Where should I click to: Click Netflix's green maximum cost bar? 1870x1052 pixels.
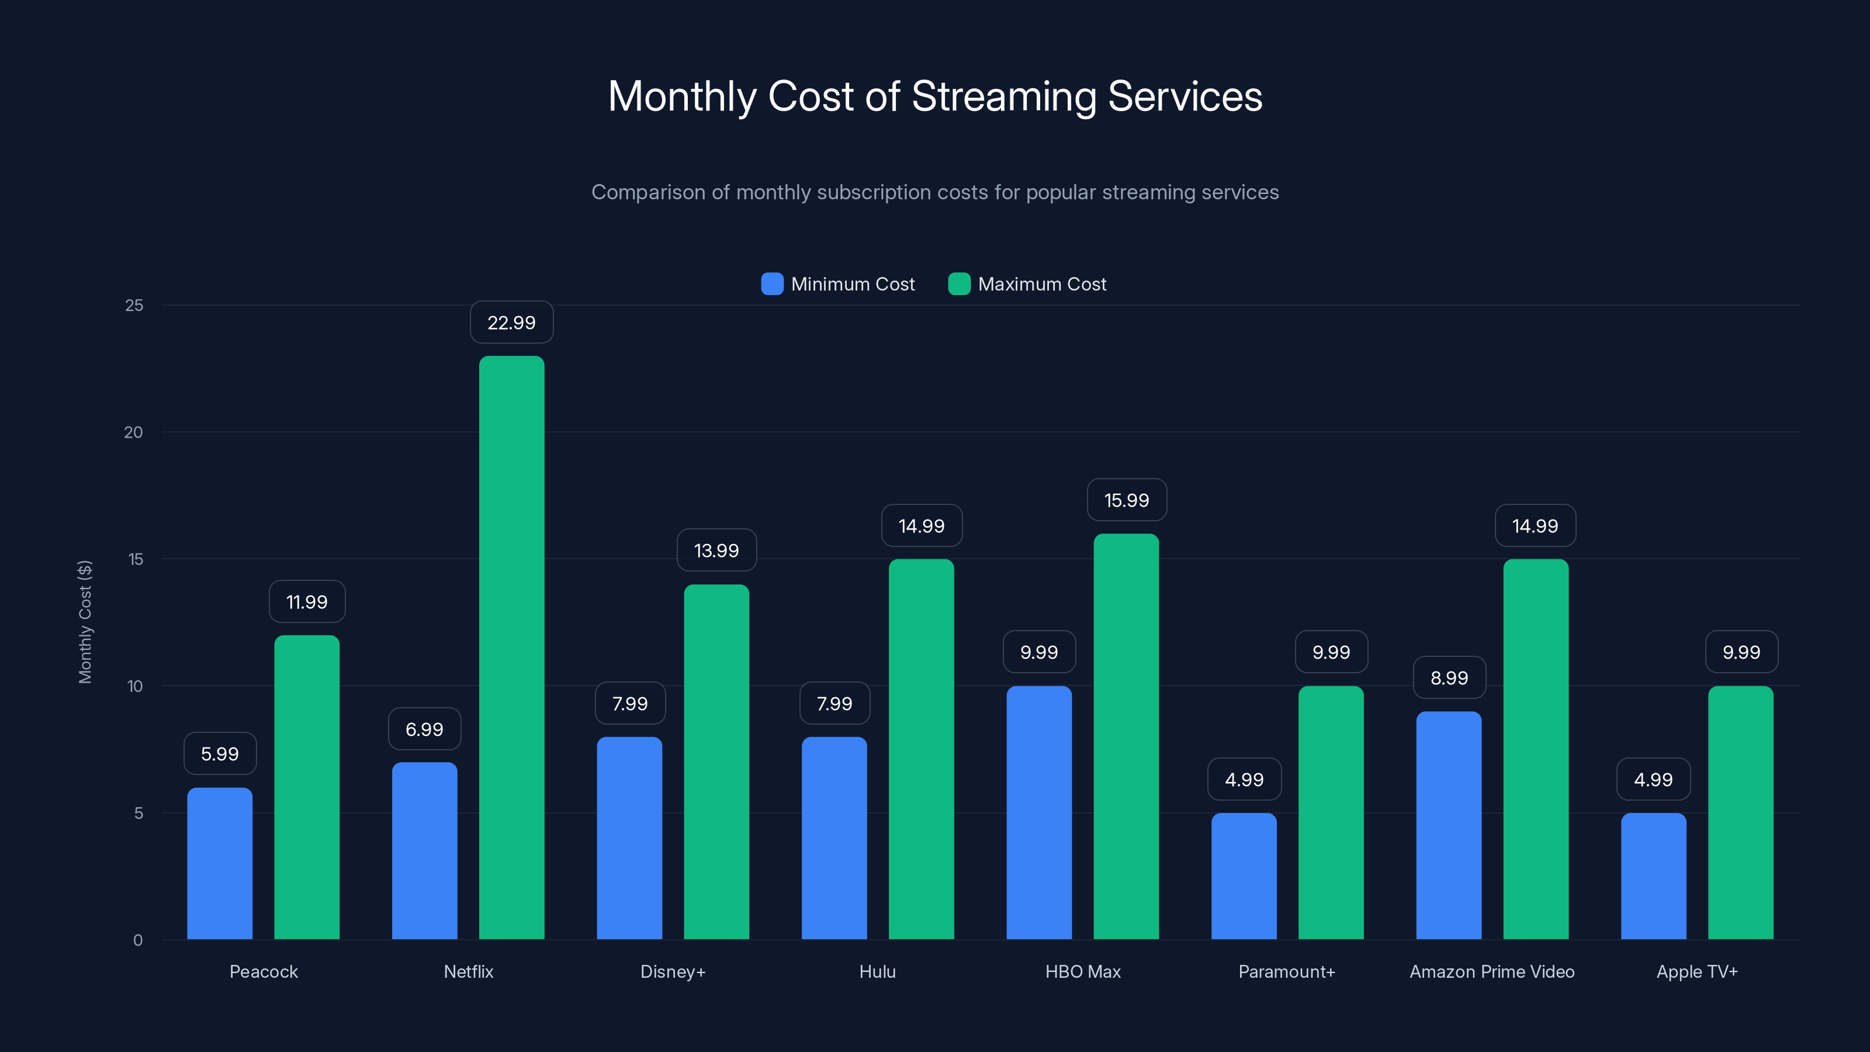coord(511,646)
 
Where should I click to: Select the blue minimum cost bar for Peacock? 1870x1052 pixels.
coord(219,864)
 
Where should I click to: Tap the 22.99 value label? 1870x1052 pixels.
coord(511,323)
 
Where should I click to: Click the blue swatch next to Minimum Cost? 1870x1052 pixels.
coord(771,284)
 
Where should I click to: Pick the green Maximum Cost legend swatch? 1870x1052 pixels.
coord(959,284)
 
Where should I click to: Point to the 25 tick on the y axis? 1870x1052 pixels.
coord(134,306)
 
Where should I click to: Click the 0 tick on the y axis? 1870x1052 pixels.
coord(138,940)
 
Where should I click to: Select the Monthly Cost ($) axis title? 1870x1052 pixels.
coord(85,621)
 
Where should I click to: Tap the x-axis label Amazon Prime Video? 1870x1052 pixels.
coord(1492,971)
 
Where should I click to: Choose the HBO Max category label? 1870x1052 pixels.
coord(1082,971)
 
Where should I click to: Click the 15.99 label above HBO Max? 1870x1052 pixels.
coord(1126,500)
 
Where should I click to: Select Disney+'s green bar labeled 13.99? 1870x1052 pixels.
coord(716,762)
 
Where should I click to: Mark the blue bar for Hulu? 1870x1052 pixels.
coord(834,839)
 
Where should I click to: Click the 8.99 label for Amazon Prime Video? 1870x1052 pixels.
coord(1449,678)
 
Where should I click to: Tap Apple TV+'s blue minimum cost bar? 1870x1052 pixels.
coord(1653,876)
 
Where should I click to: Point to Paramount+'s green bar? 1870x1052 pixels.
coord(1331,813)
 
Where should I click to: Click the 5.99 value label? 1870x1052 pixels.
coord(219,753)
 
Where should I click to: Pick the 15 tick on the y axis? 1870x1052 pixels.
coord(135,559)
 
